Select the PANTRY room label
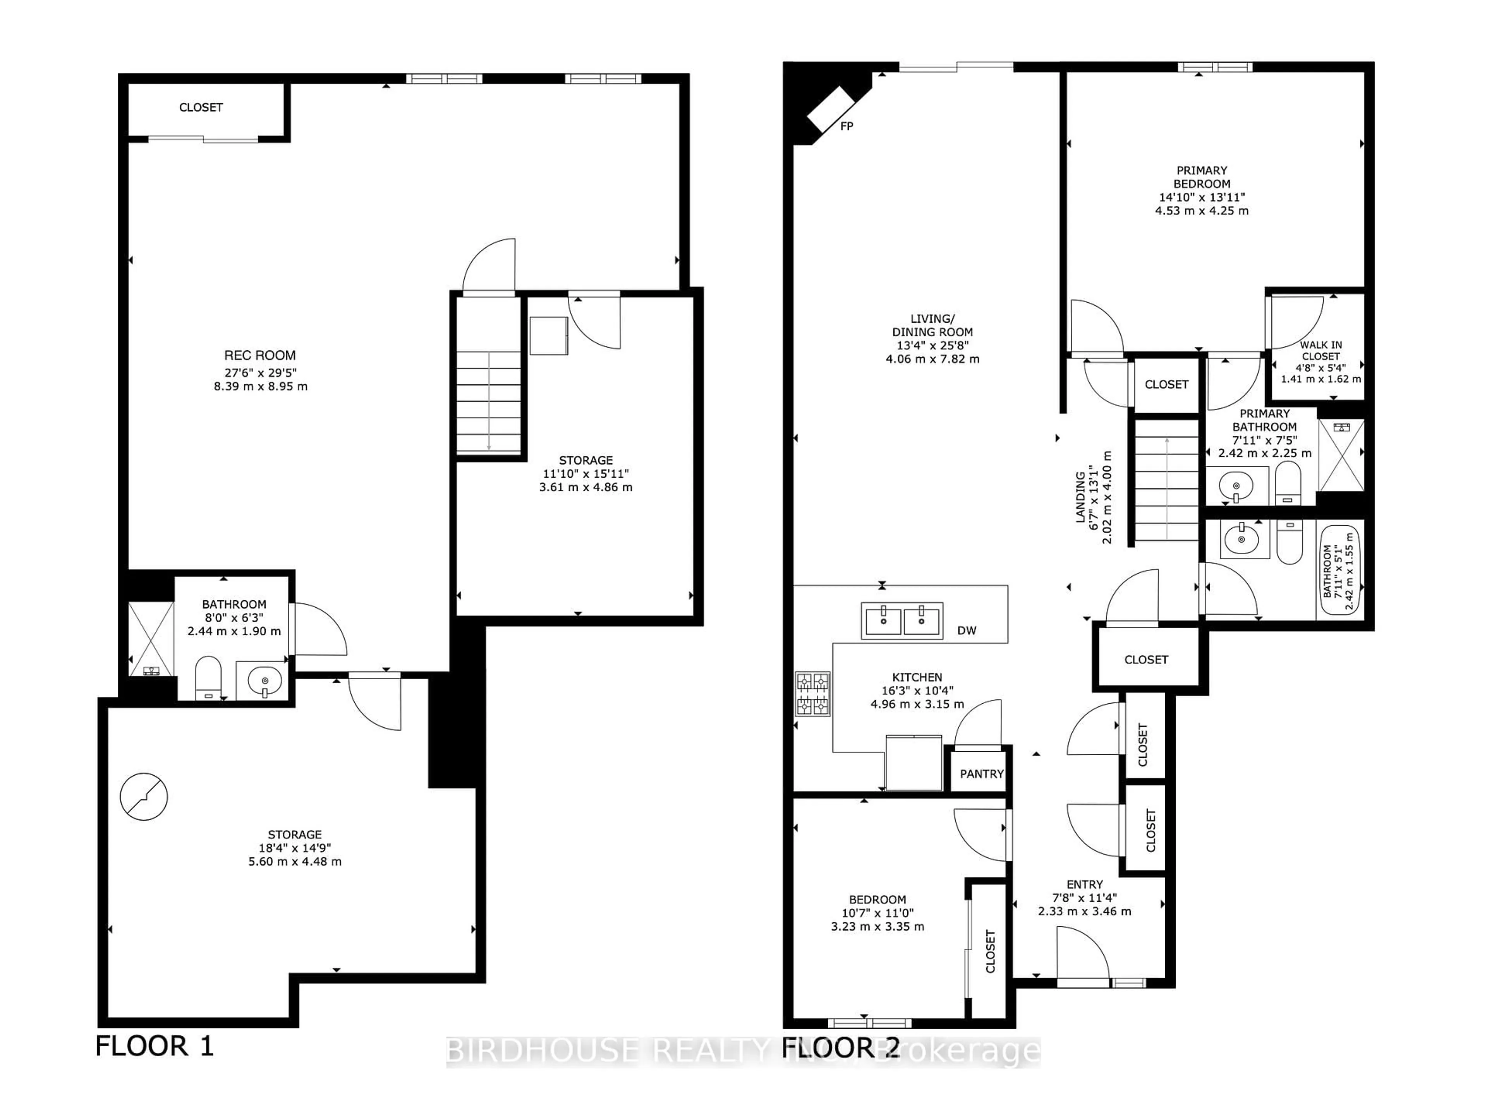click(981, 774)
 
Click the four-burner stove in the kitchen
click(812, 694)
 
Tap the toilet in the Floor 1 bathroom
click(208, 677)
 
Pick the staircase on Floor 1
click(489, 402)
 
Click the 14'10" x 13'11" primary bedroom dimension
click(1201, 197)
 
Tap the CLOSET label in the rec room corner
click(201, 107)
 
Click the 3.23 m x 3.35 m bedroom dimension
click(877, 927)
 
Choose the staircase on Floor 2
click(1166, 479)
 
